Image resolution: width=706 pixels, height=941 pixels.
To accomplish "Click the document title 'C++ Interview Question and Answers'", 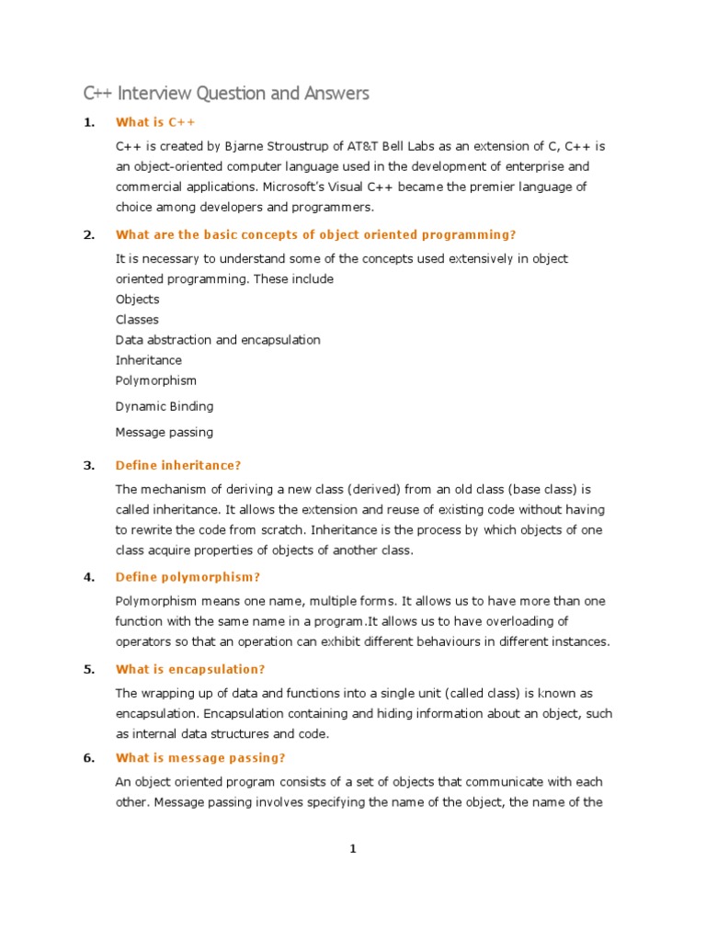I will tap(226, 93).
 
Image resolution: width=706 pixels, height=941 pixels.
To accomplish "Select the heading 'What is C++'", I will tap(155, 122).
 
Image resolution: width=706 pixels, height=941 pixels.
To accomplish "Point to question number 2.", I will tap(89, 234).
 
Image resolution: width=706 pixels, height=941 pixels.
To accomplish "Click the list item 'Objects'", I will tap(138, 300).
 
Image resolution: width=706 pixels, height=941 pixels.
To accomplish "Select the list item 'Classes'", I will tap(137, 320).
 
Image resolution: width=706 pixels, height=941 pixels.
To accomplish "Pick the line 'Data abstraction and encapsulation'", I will tap(218, 340).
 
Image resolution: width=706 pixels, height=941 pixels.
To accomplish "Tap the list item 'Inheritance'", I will tap(149, 360).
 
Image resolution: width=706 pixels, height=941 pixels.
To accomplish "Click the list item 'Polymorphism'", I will tap(156, 380).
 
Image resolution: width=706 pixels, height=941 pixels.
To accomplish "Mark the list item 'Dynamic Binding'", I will tap(165, 406).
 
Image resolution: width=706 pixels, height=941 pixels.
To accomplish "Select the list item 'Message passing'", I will tap(165, 432).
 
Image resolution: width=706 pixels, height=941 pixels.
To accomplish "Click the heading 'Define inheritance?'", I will tap(178, 465).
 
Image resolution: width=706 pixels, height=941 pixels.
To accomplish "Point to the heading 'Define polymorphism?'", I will tap(188, 577).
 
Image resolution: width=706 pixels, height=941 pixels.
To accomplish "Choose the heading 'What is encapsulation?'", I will tap(190, 669).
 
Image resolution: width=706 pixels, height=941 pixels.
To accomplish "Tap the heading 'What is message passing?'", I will tap(200, 758).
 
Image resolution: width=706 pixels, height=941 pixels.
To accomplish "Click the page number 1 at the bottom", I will tap(352, 849).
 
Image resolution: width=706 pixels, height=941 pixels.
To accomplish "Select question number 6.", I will tap(89, 758).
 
